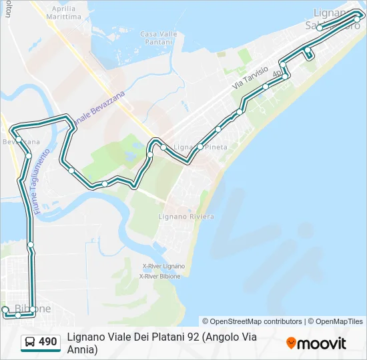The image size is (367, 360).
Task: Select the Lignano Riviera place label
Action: click(186, 217)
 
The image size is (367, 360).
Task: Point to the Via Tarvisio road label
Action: click(250, 78)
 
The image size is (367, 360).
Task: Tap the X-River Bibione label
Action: click(160, 275)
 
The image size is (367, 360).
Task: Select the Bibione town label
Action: click(33, 309)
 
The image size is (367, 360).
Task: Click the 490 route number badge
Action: click(47, 342)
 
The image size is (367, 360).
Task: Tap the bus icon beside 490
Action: click(30, 342)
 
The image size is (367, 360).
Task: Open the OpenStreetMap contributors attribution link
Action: click(252, 321)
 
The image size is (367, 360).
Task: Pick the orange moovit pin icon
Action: click(291, 343)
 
